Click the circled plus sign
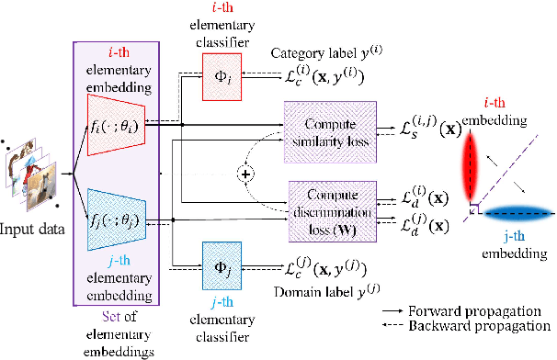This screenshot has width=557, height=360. click(x=244, y=172)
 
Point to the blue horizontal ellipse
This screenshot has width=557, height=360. click(x=506, y=213)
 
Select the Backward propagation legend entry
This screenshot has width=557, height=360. click(x=468, y=325)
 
